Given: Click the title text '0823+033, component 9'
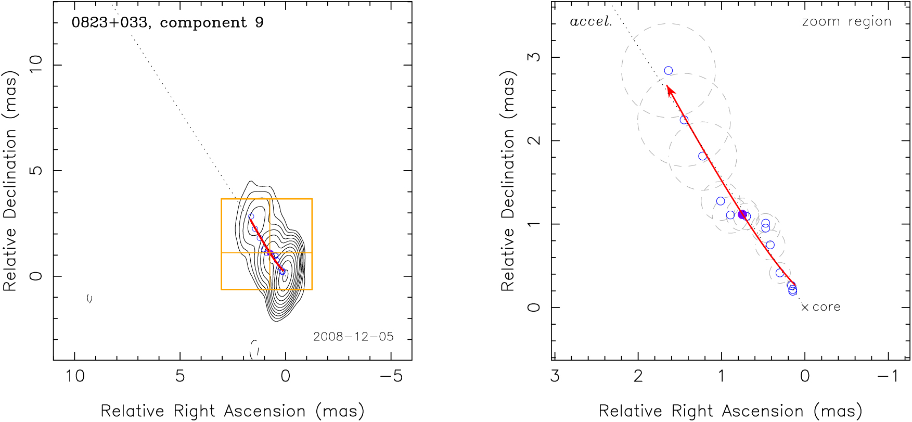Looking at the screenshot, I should click(167, 23).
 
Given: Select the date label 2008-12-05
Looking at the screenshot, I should click(353, 337).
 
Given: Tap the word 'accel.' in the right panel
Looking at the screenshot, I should click(590, 22).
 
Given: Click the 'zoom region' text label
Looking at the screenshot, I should click(846, 22).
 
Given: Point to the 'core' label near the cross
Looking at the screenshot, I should click(826, 307).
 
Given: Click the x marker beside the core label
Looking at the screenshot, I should click(805, 308).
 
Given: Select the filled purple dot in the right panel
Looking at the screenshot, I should click(742, 214).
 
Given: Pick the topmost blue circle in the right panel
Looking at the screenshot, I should click(669, 71).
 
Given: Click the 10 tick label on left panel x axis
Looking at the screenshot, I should click(75, 376).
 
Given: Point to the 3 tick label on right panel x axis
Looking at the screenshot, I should click(555, 376).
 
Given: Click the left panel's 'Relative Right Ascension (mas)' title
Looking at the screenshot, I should click(232, 411).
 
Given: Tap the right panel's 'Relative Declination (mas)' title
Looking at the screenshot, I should click(508, 181).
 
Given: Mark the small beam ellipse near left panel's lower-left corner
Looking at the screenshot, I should click(89, 298).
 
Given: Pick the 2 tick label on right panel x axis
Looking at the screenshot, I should click(638, 376).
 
